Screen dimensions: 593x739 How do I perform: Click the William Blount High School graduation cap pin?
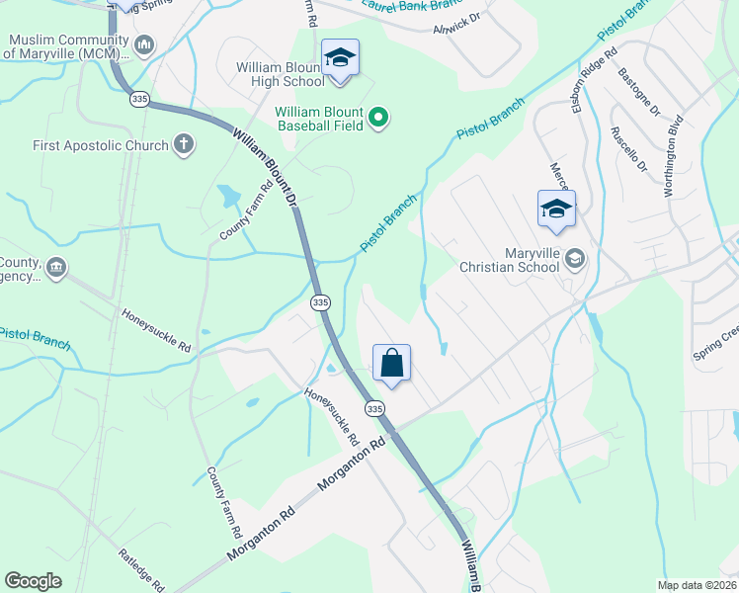(x=339, y=58)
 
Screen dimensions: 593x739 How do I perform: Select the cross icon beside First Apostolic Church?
(x=183, y=145)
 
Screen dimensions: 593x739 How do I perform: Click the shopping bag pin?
(x=391, y=364)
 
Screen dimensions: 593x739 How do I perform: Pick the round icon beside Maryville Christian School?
(x=575, y=259)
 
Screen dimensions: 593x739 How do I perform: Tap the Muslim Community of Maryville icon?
(x=144, y=44)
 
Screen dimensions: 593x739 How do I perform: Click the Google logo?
(x=34, y=581)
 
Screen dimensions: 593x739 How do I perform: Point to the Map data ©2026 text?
(x=697, y=585)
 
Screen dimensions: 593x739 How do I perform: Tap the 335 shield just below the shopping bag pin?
(x=373, y=408)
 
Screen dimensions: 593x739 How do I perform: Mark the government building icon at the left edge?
(x=56, y=267)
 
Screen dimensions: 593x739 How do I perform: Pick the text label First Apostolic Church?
(x=102, y=145)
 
